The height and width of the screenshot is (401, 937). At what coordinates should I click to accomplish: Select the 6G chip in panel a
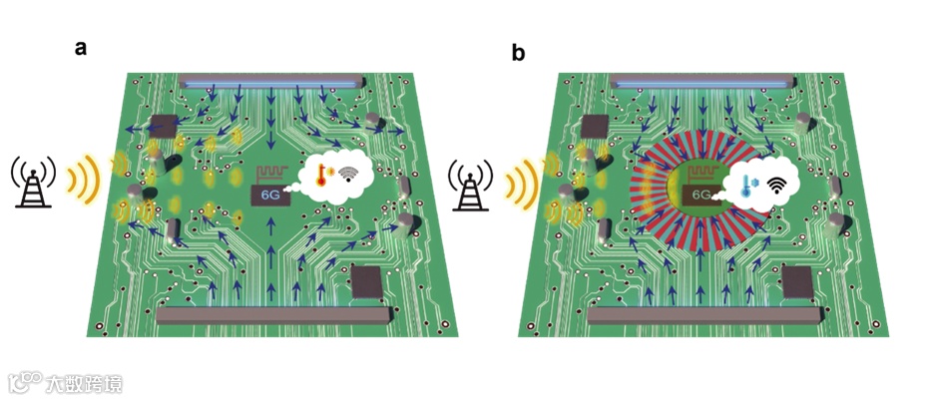271,196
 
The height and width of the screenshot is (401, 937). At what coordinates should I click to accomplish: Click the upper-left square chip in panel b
597,125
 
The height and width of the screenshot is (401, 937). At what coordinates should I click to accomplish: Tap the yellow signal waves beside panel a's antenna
81,182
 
